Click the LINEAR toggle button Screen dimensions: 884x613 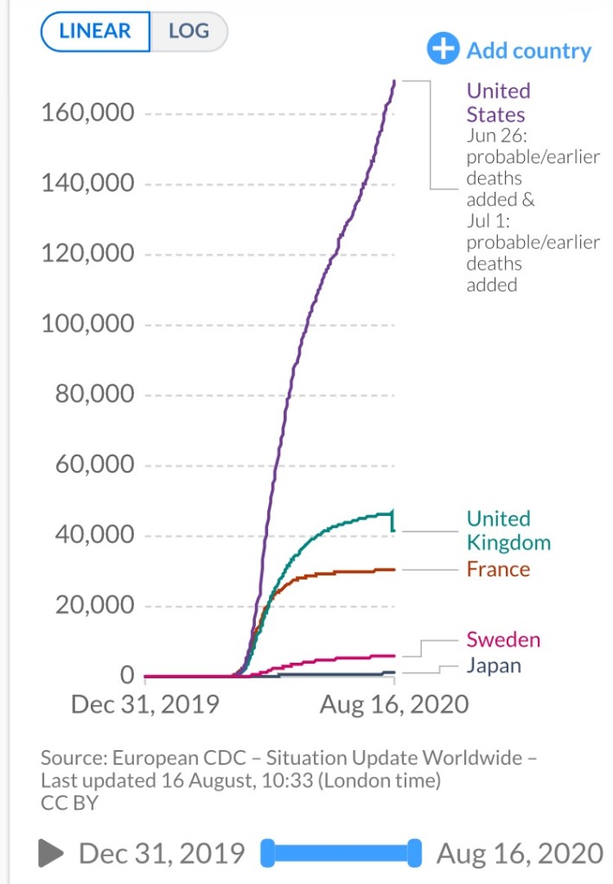coord(95,32)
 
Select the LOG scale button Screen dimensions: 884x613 coord(188,32)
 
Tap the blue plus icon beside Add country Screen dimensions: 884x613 coord(443,49)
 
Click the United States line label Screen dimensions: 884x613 coord(498,102)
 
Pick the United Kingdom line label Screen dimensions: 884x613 coord(508,530)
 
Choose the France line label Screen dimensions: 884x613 coord(498,569)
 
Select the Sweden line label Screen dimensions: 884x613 coord(503,639)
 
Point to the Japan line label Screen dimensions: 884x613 coord(494,665)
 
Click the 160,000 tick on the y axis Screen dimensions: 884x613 coord(87,113)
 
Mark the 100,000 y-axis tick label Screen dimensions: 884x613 coord(87,324)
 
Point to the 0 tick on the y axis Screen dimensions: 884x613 coord(127,675)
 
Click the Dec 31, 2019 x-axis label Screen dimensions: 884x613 coord(144,704)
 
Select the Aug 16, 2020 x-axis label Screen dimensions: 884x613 coord(394,704)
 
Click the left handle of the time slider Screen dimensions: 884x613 coord(267,853)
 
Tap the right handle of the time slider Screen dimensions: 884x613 coord(415,853)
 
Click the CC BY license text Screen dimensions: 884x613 coord(69,803)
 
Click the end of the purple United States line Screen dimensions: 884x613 coord(394,81)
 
